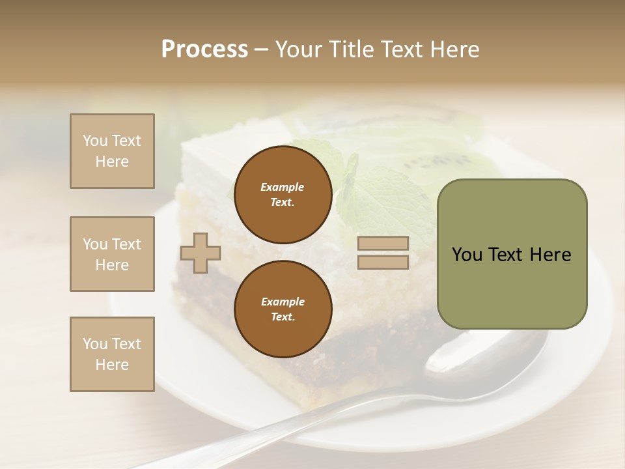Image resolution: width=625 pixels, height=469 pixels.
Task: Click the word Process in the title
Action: click(204, 50)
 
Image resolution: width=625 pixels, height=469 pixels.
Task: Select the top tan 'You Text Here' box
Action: click(112, 151)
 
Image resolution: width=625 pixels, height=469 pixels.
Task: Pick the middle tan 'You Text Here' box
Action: click(112, 254)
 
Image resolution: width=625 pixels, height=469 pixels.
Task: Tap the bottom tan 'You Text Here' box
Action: click(112, 354)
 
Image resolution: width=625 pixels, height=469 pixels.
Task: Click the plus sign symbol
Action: click(201, 253)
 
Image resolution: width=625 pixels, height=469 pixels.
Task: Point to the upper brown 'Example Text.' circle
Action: click(283, 195)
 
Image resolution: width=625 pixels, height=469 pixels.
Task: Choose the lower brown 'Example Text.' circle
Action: click(283, 309)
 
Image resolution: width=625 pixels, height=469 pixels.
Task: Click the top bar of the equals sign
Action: click(383, 243)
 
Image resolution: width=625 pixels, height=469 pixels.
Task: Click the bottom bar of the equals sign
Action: click(383, 262)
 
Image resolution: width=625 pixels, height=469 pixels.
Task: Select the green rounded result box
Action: click(512, 254)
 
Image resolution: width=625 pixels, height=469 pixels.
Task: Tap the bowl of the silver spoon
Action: click(482, 355)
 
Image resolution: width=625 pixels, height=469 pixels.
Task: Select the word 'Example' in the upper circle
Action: click(283, 187)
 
